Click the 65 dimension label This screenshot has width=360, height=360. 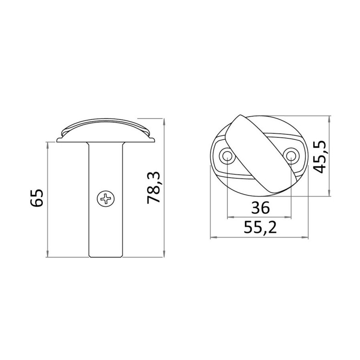click(37, 198)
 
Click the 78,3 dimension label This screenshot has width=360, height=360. click(153, 188)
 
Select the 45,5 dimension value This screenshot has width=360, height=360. click(320, 156)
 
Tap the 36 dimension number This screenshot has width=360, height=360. click(260, 208)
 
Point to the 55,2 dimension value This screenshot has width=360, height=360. click(260, 228)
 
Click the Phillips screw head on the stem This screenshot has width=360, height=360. click(106, 198)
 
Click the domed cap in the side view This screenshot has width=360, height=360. click(106, 130)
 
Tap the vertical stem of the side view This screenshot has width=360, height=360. click(106, 199)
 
